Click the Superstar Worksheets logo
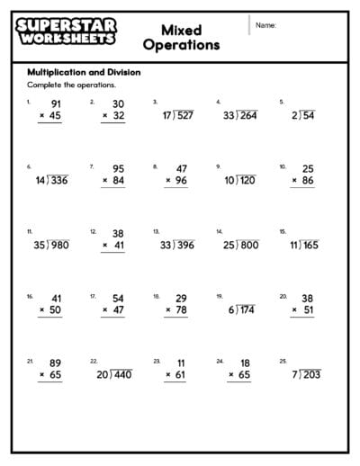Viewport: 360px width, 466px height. pyautogui.click(x=66, y=32)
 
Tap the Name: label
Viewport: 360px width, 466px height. pyautogui.click(x=265, y=25)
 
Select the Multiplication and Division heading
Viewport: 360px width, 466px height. pyautogui.click(x=84, y=72)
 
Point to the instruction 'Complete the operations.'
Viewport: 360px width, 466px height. pyautogui.click(x=71, y=85)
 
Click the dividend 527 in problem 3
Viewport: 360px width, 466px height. pyautogui.click(x=184, y=115)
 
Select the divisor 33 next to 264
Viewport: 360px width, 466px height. pyautogui.click(x=229, y=115)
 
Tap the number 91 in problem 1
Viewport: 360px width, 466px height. pyautogui.click(x=56, y=103)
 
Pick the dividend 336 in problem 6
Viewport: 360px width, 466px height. pyautogui.click(x=58, y=181)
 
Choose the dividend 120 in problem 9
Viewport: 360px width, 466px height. pyautogui.click(x=247, y=181)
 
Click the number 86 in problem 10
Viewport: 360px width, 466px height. pyautogui.click(x=307, y=181)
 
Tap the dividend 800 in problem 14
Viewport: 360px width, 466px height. pyautogui.click(x=248, y=245)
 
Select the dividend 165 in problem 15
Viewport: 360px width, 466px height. pyautogui.click(x=310, y=245)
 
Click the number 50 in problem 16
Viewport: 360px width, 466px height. pyautogui.click(x=56, y=310)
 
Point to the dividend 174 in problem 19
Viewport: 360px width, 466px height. pyautogui.click(x=247, y=310)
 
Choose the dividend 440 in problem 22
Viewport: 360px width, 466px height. pyautogui.click(x=121, y=375)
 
